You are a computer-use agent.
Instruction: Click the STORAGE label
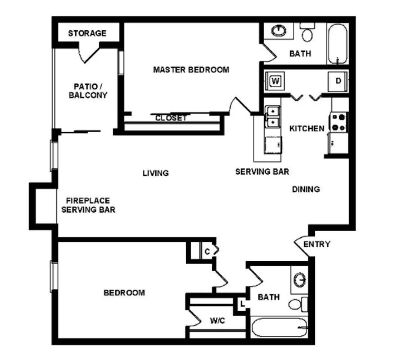tap(87, 33)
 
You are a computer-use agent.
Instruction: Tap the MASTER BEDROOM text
tap(191, 70)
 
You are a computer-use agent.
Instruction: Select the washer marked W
tap(275, 81)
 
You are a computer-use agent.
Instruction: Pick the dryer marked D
tap(338, 81)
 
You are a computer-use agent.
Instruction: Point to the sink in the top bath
tap(279, 30)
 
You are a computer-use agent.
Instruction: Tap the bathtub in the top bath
tap(337, 43)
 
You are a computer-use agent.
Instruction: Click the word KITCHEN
tap(307, 129)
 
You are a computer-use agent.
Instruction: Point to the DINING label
tap(306, 189)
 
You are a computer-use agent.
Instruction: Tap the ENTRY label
tap(316, 244)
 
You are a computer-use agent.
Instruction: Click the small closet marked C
tap(207, 251)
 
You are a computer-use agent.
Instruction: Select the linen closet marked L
tap(242, 304)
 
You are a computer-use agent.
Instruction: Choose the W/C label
tap(217, 321)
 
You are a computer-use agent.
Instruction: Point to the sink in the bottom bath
tap(299, 280)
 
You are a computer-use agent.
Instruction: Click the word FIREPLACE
tap(88, 200)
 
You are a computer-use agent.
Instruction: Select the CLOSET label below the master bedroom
tap(171, 118)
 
